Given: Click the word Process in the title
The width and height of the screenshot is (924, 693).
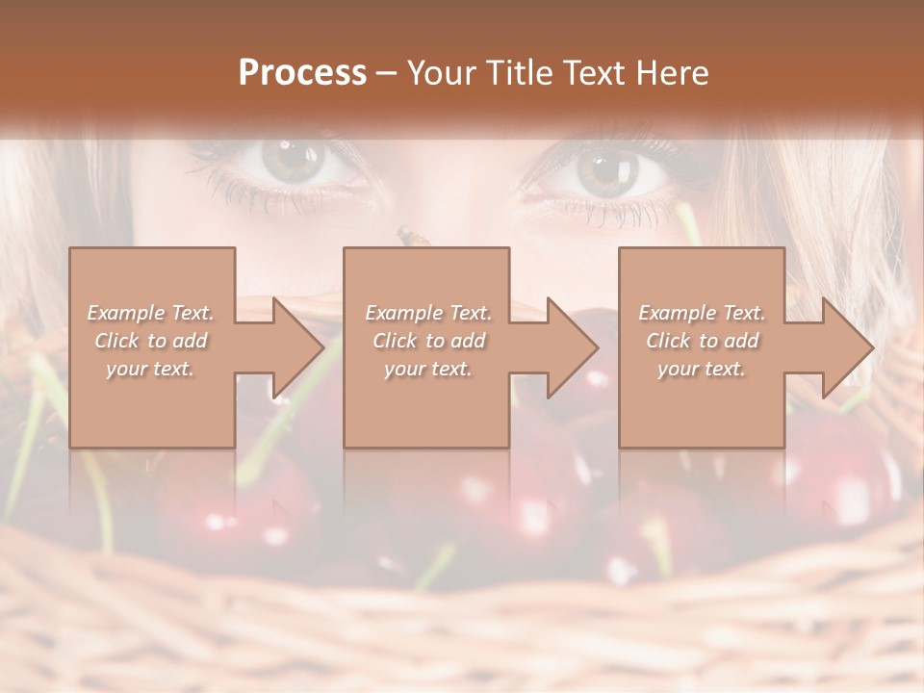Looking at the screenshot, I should [x=302, y=72].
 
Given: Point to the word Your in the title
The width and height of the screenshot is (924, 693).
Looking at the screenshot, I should [x=444, y=72].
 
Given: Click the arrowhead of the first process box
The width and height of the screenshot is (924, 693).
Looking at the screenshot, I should [x=297, y=347].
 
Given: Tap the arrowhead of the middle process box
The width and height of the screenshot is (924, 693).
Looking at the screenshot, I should [x=572, y=347].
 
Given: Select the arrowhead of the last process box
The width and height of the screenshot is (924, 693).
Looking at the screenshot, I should [x=848, y=347].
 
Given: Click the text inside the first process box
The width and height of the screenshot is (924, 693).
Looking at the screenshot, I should [x=151, y=341].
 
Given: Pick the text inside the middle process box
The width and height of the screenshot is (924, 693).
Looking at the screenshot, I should [x=428, y=341].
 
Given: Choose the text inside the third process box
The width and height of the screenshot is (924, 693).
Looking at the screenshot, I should [x=702, y=341].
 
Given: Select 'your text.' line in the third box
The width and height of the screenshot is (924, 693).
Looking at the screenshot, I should [x=702, y=369].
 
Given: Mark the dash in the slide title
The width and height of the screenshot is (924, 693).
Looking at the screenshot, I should [x=387, y=72].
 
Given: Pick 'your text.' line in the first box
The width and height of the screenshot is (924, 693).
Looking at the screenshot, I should [x=151, y=369].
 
